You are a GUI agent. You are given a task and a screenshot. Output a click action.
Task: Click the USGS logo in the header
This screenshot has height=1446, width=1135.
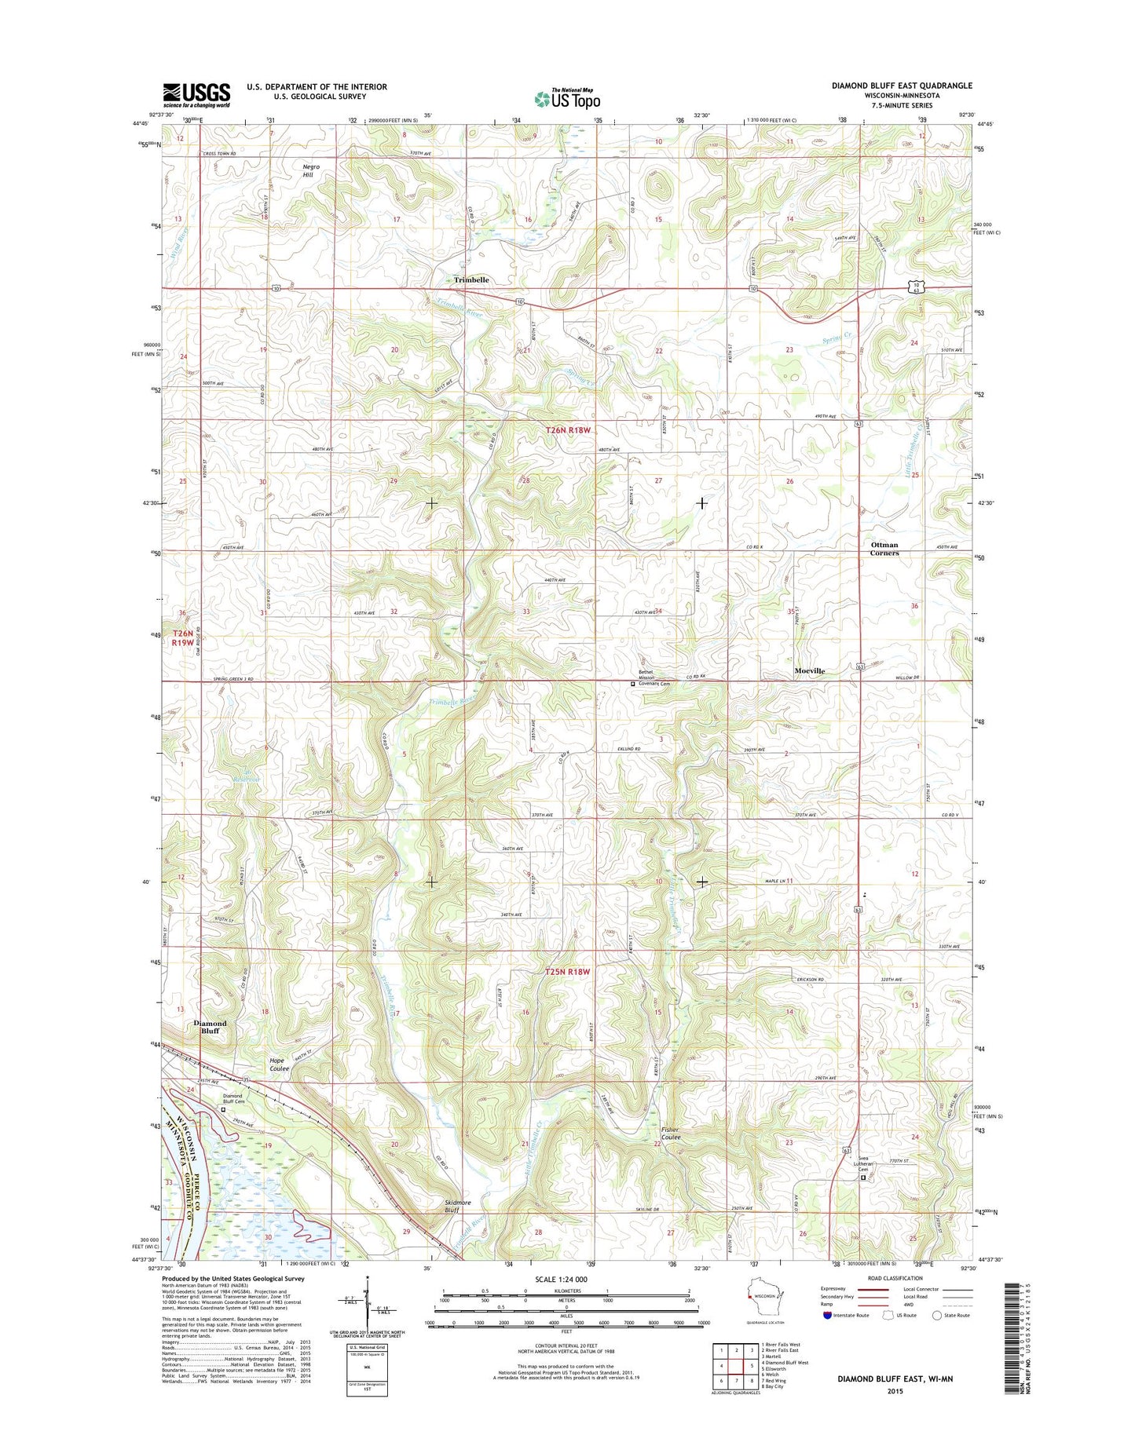coord(196,95)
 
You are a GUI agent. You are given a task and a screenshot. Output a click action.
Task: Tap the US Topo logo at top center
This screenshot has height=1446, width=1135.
coord(567,98)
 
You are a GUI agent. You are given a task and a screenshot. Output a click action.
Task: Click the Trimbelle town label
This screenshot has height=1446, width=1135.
coord(471,280)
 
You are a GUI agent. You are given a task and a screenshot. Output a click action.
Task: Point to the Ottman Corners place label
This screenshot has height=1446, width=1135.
coord(884,549)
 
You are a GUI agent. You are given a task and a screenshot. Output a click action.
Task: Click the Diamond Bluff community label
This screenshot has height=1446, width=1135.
coord(210,1027)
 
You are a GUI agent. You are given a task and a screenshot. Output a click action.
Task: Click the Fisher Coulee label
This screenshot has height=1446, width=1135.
coord(670,1133)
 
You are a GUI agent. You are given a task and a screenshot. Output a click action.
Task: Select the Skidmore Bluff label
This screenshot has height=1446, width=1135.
coord(457,1206)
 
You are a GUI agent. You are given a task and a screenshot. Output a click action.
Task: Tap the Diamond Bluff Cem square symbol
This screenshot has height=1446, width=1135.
coord(222,1110)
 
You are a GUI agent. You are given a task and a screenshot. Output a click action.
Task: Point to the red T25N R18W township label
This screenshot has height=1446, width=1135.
coord(567,972)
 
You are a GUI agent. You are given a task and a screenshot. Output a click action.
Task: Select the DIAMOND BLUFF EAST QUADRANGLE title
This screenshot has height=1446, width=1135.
coord(902,86)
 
